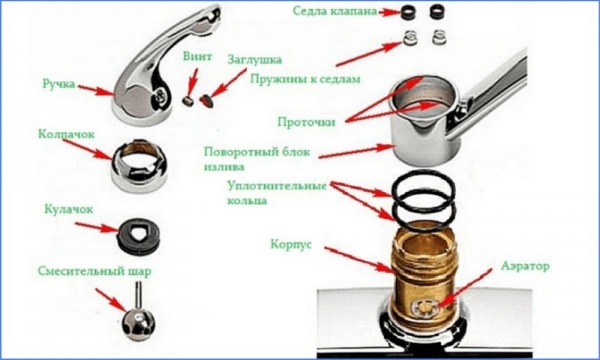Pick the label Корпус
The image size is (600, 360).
[x=290, y=243]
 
